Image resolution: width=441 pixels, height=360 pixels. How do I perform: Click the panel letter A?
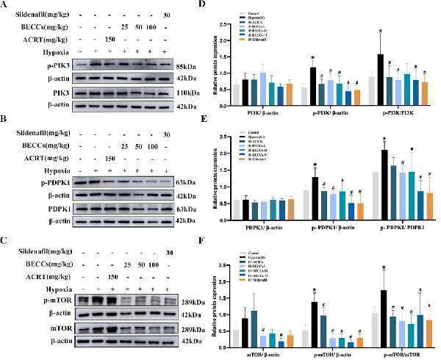pyautogui.click(x=5, y=5)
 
